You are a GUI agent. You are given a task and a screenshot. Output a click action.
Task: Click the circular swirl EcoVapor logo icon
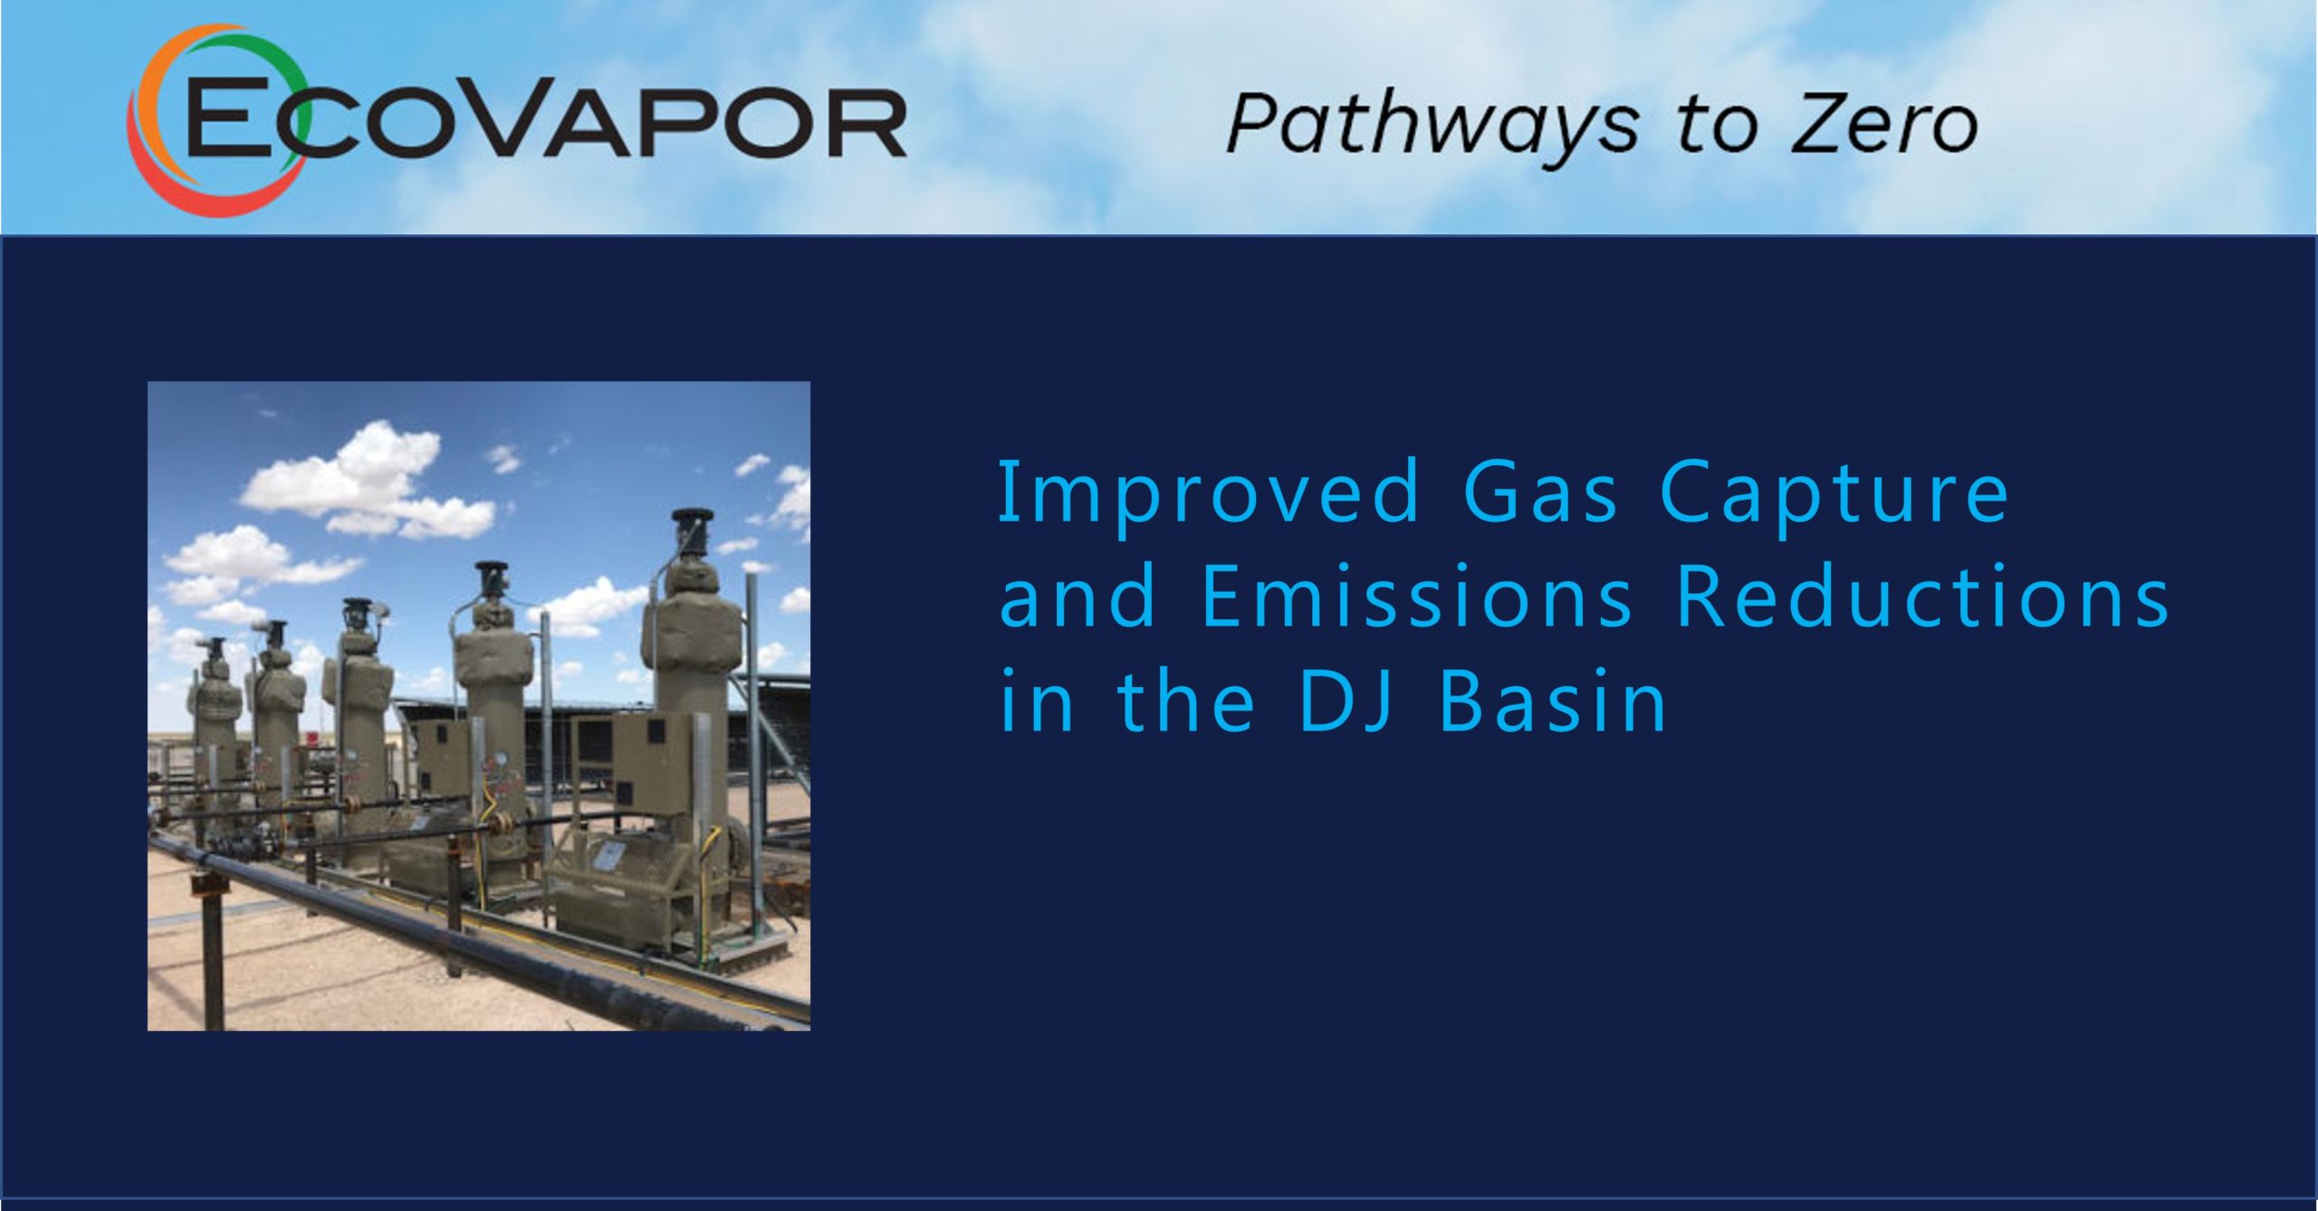coord(215,120)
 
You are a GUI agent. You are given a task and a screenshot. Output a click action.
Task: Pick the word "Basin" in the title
coord(1552,700)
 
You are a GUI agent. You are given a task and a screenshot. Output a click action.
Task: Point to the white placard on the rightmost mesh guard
coord(613,853)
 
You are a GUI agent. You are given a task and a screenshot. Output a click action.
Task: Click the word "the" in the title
coord(1187,700)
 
